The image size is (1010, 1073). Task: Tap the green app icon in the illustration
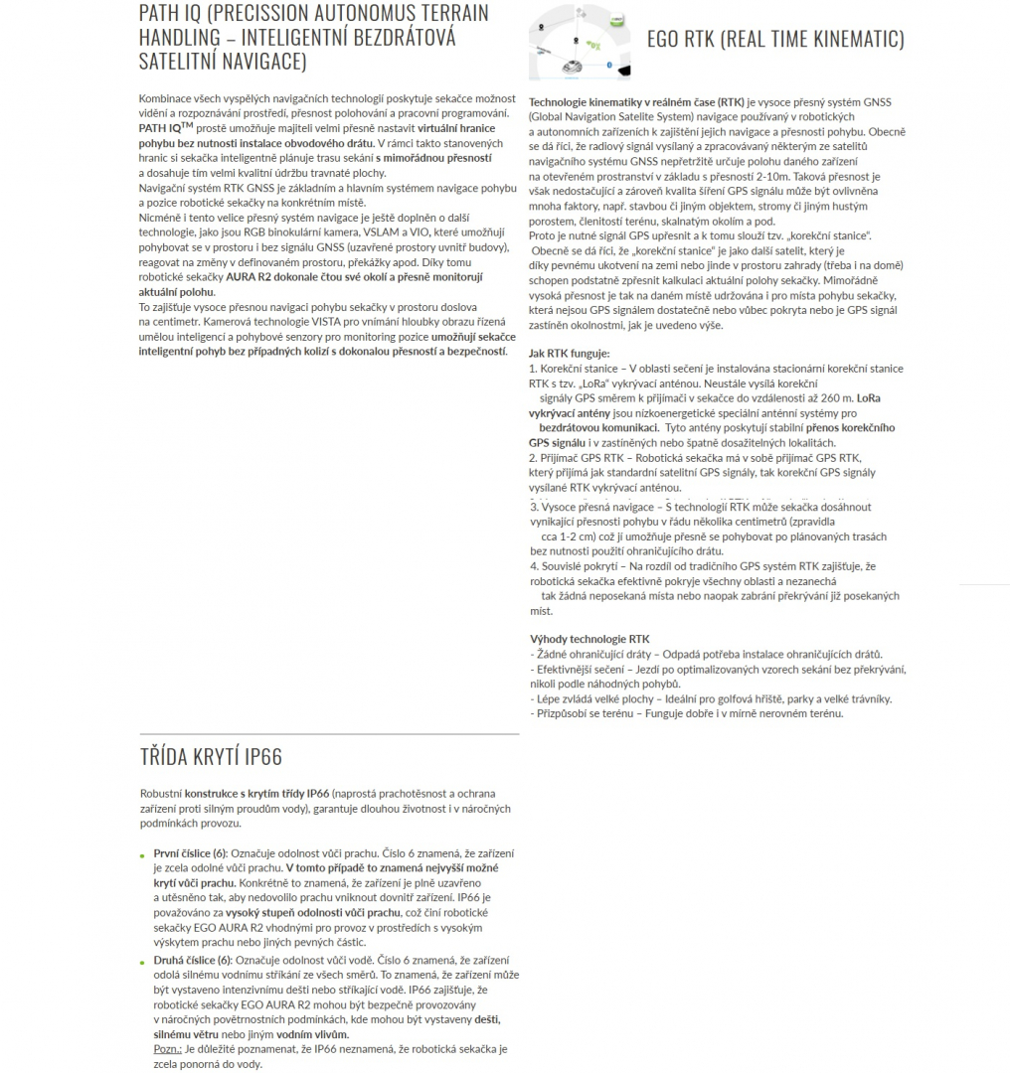617,20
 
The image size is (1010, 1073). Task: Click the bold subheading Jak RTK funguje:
570,354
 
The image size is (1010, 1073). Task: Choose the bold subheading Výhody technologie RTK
589,639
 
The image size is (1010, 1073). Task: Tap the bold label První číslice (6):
190,853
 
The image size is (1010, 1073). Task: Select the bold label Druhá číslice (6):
192,960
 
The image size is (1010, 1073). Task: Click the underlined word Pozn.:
168,1049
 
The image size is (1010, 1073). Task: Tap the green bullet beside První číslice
142,854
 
